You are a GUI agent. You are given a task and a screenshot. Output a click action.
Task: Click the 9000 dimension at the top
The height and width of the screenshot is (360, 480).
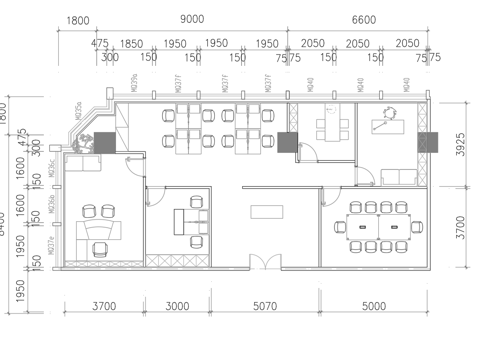(x=192, y=19)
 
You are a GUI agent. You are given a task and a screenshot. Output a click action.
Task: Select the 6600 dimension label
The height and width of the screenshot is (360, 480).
(x=363, y=19)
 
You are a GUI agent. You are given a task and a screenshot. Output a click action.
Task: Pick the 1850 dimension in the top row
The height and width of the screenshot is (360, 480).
(x=131, y=44)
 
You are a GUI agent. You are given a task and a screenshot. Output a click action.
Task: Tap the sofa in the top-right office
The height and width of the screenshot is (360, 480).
(x=398, y=177)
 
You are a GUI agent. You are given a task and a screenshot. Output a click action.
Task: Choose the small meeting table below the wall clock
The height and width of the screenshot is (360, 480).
(x=330, y=128)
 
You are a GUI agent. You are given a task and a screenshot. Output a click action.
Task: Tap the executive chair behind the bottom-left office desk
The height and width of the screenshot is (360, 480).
(x=100, y=245)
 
